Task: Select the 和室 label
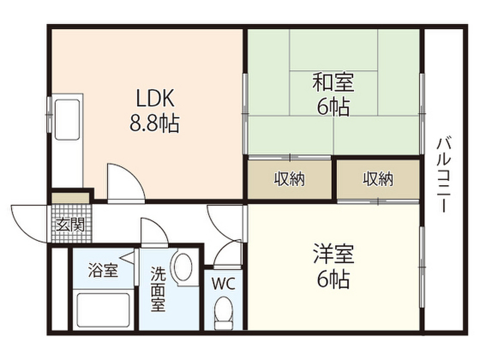point(333,83)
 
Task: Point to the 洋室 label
point(333,255)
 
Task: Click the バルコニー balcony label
point(443,175)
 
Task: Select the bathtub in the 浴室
point(103,311)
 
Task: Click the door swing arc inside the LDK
point(123,180)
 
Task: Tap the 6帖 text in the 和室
point(333,108)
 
